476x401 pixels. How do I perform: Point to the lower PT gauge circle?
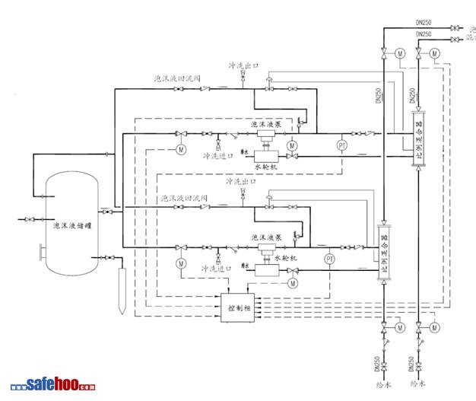pyautogui.click(x=330, y=259)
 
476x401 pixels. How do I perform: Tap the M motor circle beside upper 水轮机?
pyautogui.click(x=292, y=145)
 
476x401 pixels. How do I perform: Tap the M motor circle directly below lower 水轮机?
pyautogui.click(x=292, y=283)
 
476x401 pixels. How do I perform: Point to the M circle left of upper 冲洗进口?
pyautogui.click(x=181, y=149)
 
